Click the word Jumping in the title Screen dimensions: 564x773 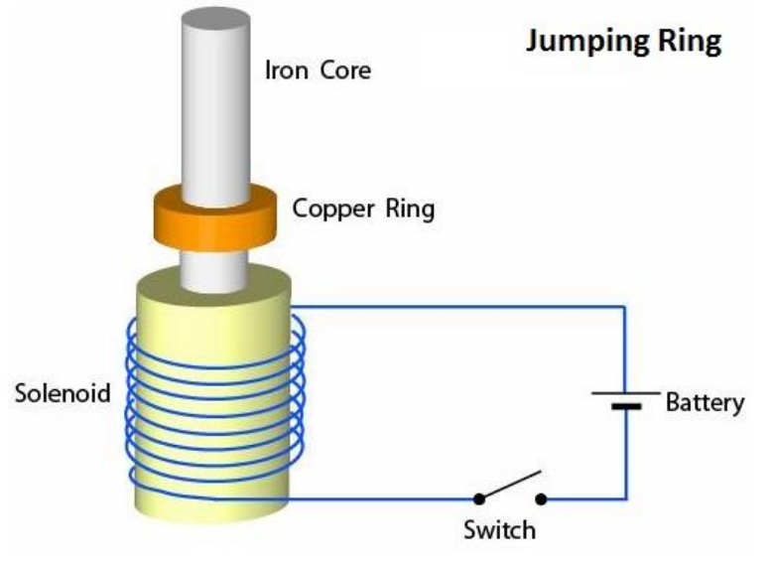[x=591, y=43]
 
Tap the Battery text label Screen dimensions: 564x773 [x=705, y=403]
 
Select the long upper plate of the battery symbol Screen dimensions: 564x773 [x=625, y=392]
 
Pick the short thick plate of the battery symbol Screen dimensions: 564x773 [x=625, y=407]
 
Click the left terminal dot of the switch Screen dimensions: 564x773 [x=477, y=498]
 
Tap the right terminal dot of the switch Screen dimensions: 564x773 [x=541, y=498]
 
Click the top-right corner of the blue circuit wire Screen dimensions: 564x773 [x=625, y=307]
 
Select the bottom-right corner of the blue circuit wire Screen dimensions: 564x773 [x=625, y=498]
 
